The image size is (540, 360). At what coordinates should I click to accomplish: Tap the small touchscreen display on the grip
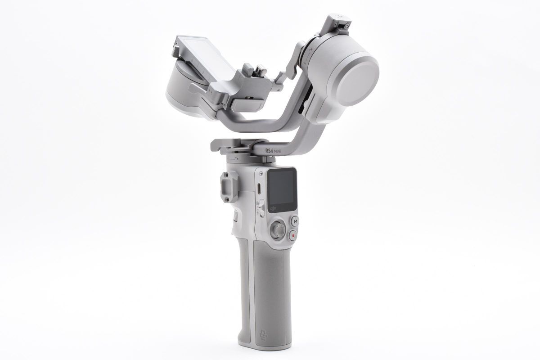pyautogui.click(x=282, y=186)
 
